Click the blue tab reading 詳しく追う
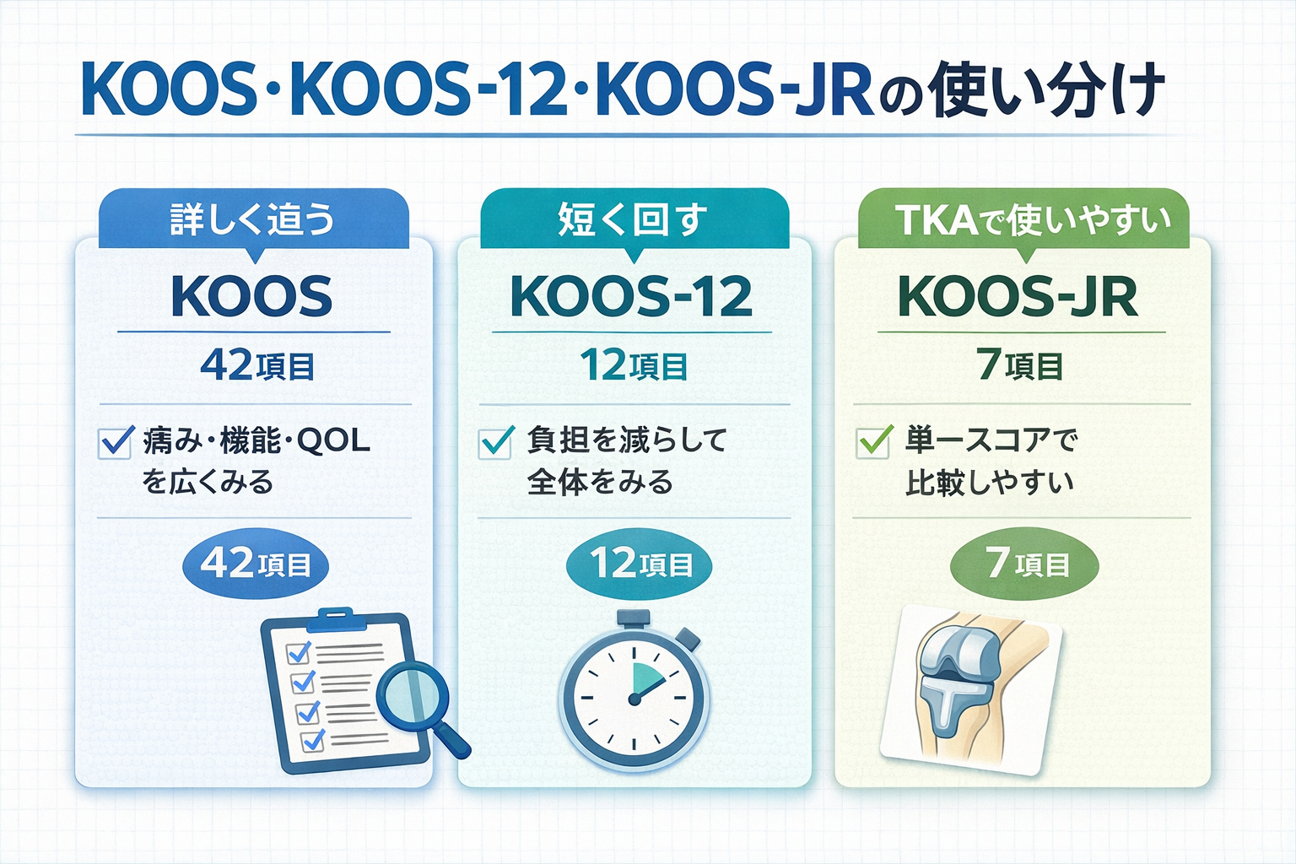(x=253, y=219)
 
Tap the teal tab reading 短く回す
(x=633, y=219)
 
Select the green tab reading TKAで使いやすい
(x=1023, y=219)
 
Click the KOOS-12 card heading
(x=631, y=297)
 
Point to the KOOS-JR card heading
(x=1018, y=297)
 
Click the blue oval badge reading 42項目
(x=256, y=564)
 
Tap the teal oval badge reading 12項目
(x=640, y=564)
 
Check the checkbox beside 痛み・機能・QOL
(x=116, y=441)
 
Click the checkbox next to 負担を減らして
(x=495, y=441)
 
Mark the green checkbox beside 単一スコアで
(x=873, y=441)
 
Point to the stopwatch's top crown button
(x=633, y=618)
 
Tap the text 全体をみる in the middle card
(x=600, y=483)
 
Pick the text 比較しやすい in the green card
(x=989, y=483)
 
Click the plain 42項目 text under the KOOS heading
(x=257, y=367)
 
